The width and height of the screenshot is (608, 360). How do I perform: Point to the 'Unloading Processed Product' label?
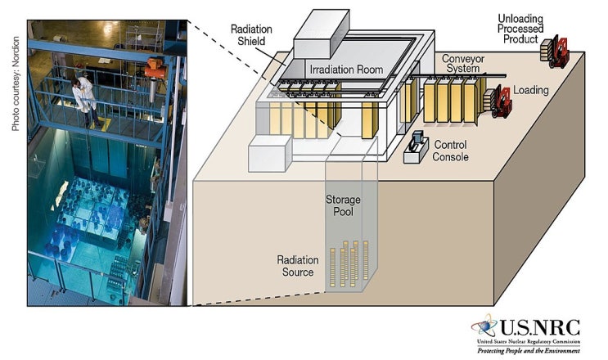coord(520,27)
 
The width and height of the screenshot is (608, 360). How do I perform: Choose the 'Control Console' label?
coord(450,151)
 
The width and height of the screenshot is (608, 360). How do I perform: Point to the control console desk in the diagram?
coord(416,147)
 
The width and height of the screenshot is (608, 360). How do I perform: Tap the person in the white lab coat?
coord(84,101)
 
